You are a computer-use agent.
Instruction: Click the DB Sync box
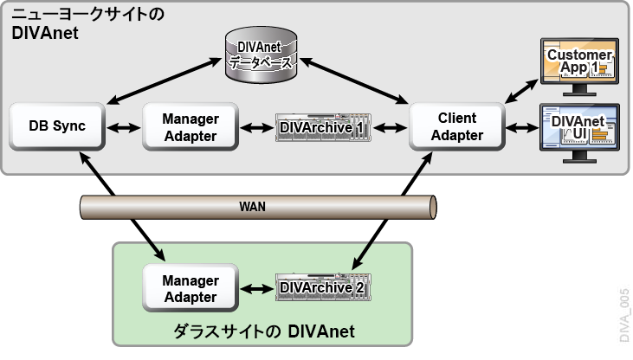pos(57,126)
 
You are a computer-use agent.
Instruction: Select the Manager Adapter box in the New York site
pos(191,126)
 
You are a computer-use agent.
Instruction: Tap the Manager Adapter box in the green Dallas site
pos(191,288)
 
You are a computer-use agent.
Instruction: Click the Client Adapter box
pos(457,126)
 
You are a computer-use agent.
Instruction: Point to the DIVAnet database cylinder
pos(261,55)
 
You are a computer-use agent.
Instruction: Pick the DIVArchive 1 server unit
pos(323,127)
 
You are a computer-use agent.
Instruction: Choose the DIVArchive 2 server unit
pos(323,287)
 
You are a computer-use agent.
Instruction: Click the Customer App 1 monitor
pos(579,67)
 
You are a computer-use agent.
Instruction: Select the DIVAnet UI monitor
pos(579,133)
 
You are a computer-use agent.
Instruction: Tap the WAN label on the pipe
pos(252,207)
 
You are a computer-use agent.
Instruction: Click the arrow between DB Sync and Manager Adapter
pos(124,128)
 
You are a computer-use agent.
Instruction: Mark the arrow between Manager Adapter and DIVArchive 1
pos(257,128)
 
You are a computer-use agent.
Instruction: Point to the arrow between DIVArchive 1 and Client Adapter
pos(391,128)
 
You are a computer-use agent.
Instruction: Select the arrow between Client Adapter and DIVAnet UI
pos(522,128)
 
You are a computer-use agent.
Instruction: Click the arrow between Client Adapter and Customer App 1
pos(522,91)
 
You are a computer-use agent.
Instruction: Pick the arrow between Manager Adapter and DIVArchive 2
pos(257,289)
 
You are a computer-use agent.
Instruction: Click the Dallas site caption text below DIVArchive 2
pos(264,331)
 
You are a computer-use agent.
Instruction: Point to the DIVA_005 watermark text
pos(624,315)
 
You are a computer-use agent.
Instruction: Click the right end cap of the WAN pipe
pos(432,208)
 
